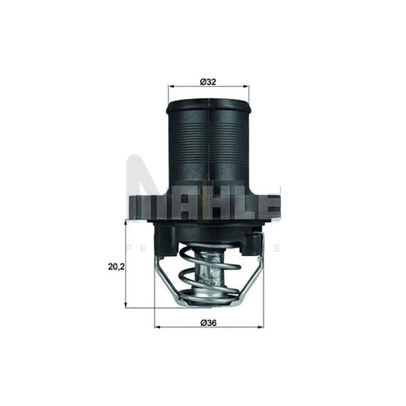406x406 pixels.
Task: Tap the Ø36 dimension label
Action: [x=208, y=324]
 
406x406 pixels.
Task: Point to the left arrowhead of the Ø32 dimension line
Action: [x=170, y=87]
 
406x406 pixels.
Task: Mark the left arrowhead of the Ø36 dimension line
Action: [x=158, y=328]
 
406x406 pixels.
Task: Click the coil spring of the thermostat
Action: [x=207, y=274]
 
